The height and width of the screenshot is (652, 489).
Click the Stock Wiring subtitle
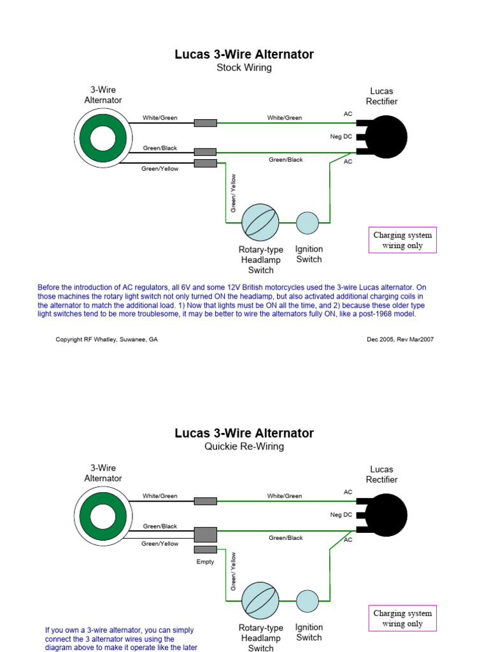pyautogui.click(x=244, y=67)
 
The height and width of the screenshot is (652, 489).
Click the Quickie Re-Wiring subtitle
pyautogui.click(x=244, y=446)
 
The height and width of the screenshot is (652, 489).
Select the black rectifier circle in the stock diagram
pyautogui.click(x=386, y=137)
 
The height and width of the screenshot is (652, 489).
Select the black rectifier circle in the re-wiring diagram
pyautogui.click(x=386, y=515)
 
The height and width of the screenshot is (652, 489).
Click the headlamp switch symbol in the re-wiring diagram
pyautogui.click(x=260, y=600)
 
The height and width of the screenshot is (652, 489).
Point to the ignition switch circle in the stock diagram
pyautogui.click(x=308, y=222)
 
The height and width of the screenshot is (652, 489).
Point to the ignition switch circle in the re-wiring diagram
pyautogui.click(x=308, y=600)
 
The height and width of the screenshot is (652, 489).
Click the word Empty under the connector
pyautogui.click(x=205, y=562)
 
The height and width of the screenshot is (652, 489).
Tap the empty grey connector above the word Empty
pyautogui.click(x=205, y=549)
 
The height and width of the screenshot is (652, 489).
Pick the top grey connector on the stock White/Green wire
pyautogui.click(x=205, y=123)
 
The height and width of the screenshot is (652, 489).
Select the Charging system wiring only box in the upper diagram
pyautogui.click(x=402, y=240)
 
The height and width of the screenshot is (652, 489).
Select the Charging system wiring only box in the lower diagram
pyautogui.click(x=402, y=618)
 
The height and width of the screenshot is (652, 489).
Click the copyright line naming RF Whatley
pyautogui.click(x=107, y=339)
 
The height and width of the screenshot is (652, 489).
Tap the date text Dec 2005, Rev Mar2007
pyautogui.click(x=400, y=339)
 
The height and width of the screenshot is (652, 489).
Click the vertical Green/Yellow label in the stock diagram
pyautogui.click(x=234, y=193)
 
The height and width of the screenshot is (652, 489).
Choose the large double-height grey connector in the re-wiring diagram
pyautogui.click(x=205, y=534)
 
